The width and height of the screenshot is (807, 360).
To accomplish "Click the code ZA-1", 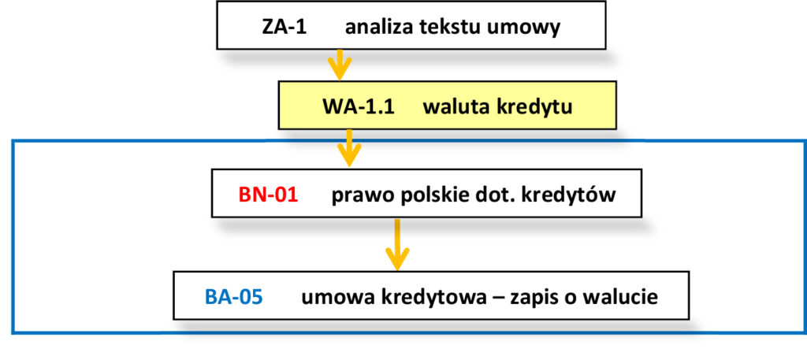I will pyautogui.click(x=283, y=27).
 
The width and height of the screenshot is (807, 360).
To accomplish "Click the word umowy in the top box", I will pyautogui.click(x=532, y=27).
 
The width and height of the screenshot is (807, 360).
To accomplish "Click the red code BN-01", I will pyautogui.click(x=268, y=194).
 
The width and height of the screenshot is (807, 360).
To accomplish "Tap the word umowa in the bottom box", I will pyautogui.click(x=330, y=297).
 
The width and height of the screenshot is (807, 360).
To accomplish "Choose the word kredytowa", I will pyautogui.click(x=423, y=297).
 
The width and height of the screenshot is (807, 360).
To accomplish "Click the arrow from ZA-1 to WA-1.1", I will pyautogui.click(x=339, y=65).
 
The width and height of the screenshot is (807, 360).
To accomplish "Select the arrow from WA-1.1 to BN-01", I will pyautogui.click(x=348, y=147).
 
